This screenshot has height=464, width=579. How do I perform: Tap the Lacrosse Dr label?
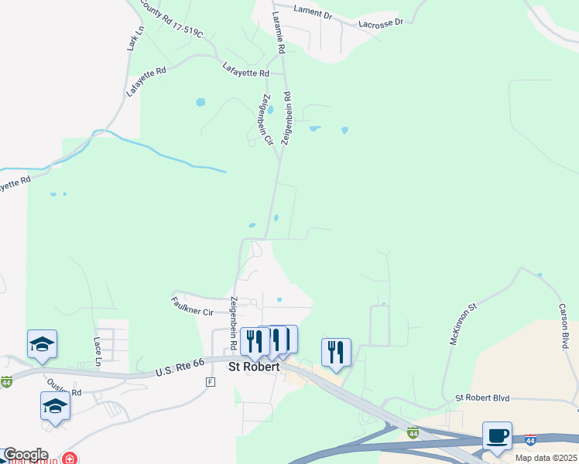(381, 23)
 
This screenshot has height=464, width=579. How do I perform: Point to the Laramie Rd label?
(279, 32)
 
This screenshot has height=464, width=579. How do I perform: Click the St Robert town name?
(253, 368)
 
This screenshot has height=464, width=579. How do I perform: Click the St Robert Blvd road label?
(482, 397)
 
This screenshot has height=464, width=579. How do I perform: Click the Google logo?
(25, 455)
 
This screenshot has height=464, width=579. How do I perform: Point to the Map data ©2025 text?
(546, 458)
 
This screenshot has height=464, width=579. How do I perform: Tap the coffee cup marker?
(497, 436)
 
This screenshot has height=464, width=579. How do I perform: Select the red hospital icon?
(70, 457)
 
